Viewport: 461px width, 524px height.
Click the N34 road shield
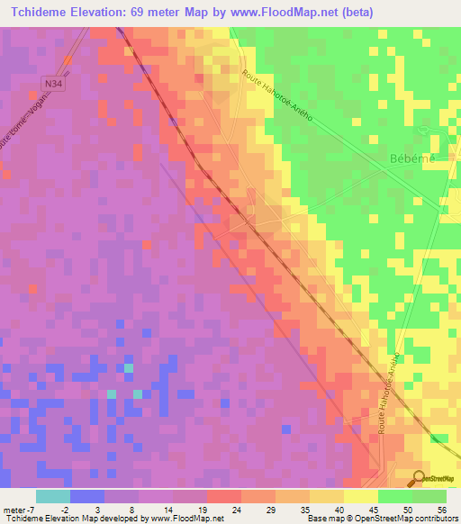(x=58, y=82)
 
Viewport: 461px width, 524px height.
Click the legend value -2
(x=62, y=509)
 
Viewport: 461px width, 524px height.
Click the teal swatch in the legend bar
(x=52, y=496)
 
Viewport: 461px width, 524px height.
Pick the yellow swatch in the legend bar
(x=361, y=496)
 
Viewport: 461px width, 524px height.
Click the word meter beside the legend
(x=16, y=509)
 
